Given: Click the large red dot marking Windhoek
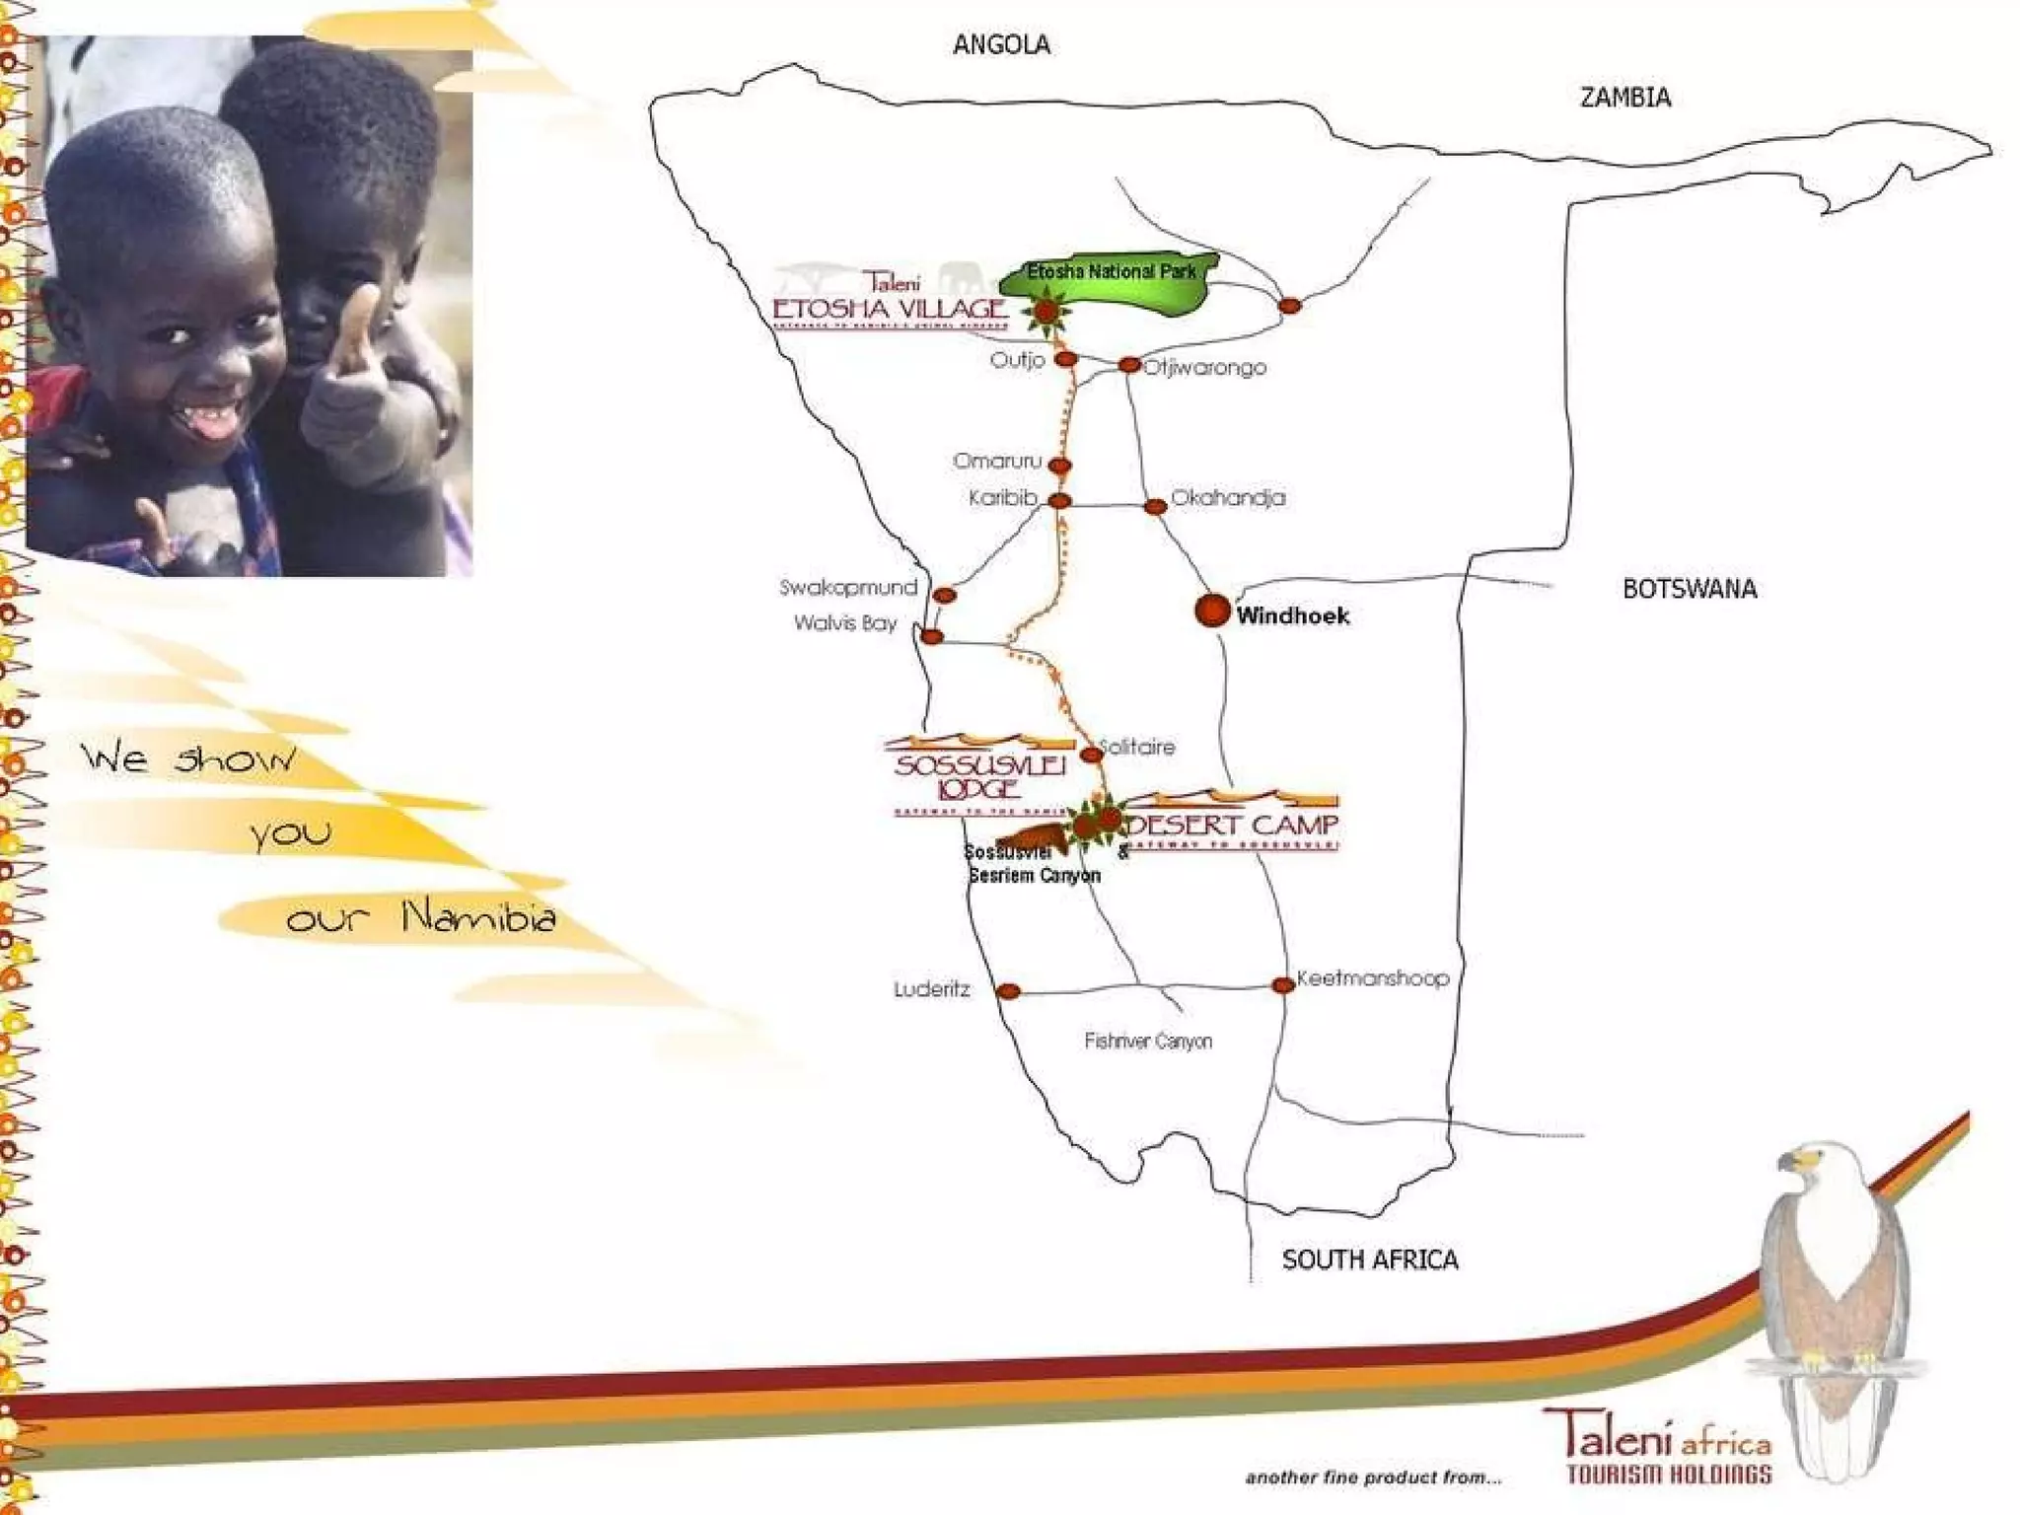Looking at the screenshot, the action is tap(1211, 611).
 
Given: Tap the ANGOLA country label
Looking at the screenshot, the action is tap(1001, 45).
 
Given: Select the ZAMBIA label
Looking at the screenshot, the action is tap(1625, 98).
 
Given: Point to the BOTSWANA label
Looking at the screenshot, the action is tap(1690, 589).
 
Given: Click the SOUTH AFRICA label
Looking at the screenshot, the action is tap(1370, 1260).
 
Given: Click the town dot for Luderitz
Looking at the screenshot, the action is tap(1007, 991).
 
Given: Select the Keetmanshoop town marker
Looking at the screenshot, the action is tap(1282, 984).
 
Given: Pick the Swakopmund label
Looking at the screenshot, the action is tap(848, 588).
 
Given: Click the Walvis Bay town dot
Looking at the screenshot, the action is tap(931, 636).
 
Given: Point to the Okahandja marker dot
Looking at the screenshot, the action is tap(1154, 507).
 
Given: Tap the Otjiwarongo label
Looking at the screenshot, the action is tap(1205, 368).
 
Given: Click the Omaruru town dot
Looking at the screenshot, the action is tap(1059, 465).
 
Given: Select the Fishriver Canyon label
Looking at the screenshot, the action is tap(1148, 1042).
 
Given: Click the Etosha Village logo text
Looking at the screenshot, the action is tap(890, 309).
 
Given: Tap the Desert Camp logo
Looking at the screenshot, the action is tap(1234, 824).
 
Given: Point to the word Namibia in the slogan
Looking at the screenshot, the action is tap(479, 918).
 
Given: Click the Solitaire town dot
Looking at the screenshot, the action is tap(1091, 755).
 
